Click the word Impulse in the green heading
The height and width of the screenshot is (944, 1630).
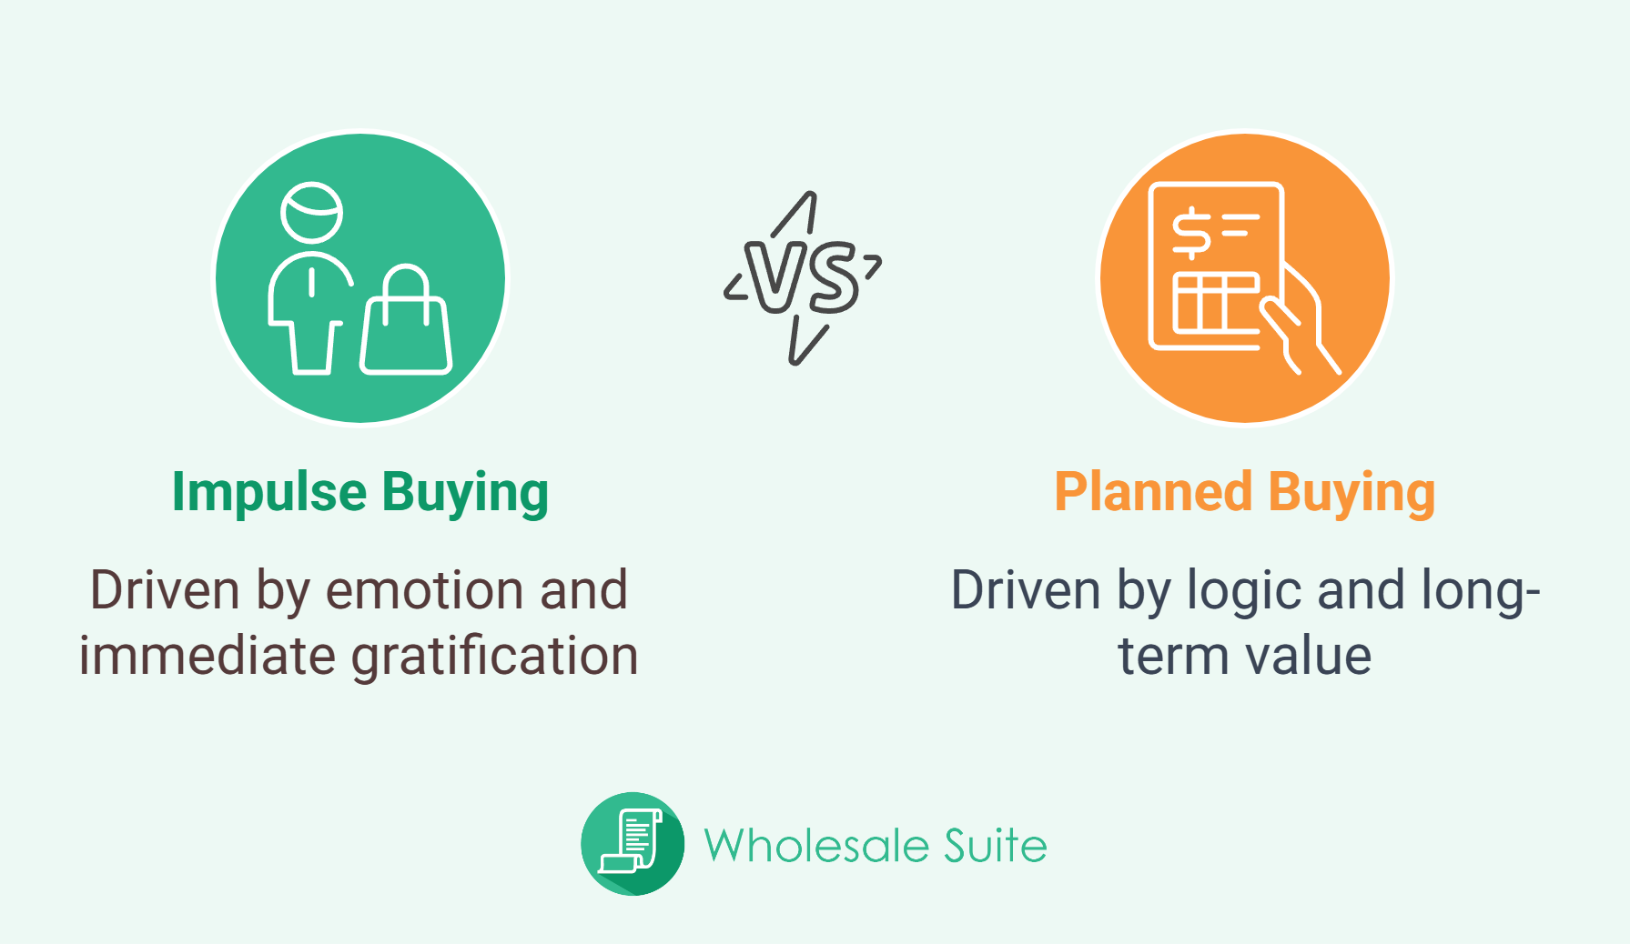click(x=269, y=493)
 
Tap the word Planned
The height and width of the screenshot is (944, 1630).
click(x=1153, y=492)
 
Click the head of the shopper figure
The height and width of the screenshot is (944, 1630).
click(x=312, y=213)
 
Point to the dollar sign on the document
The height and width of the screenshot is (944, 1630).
click(x=1190, y=233)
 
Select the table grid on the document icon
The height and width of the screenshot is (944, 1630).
click(x=1215, y=302)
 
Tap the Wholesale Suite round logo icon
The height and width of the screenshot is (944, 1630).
click(x=633, y=844)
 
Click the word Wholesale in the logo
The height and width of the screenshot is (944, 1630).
click(x=816, y=846)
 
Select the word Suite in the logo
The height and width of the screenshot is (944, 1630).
click(x=996, y=846)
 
